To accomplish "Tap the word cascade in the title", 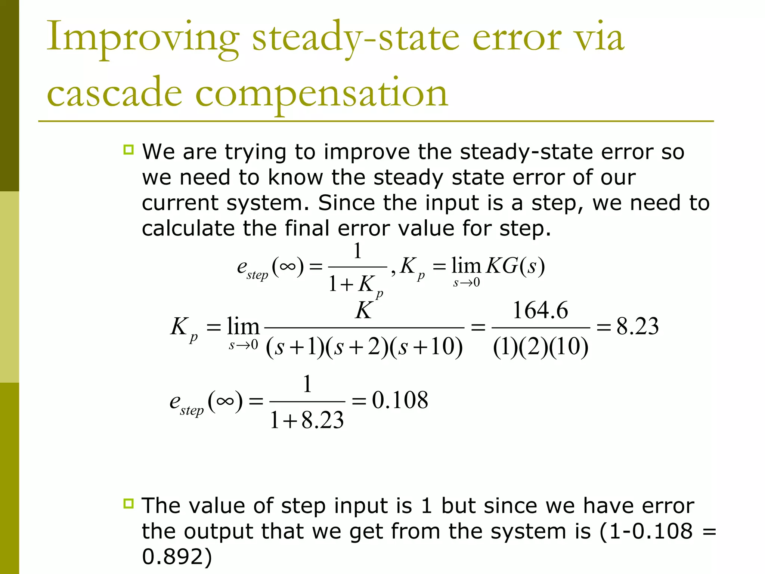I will coord(114,93).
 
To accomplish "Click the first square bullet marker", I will coord(128,150).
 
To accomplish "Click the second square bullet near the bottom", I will coord(128,503).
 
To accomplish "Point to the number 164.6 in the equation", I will coord(540,310).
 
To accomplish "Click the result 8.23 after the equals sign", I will coord(637,326).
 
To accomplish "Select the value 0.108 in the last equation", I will coord(400,400).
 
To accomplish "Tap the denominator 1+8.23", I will coord(307,420).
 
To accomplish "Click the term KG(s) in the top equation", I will coord(515,266).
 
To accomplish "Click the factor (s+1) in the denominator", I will coord(295,347).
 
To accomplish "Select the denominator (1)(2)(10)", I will coord(541,347).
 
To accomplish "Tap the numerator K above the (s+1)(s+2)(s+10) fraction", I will coord(364,310).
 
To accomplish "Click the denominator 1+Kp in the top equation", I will coord(355,285).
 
